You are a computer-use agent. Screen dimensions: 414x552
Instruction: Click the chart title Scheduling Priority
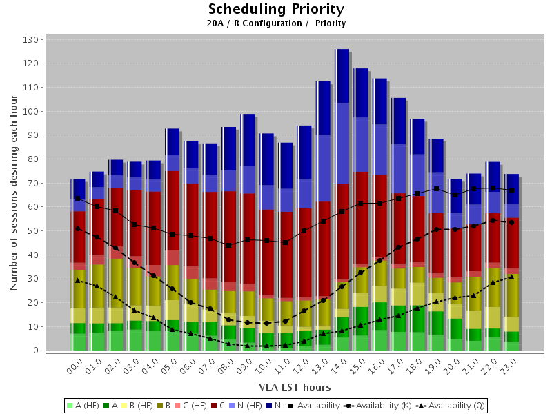[276, 10]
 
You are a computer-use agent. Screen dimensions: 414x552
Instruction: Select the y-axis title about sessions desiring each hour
[14, 193]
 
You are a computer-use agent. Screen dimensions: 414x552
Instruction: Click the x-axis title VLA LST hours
[295, 387]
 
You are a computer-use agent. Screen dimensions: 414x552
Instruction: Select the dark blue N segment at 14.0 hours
[342, 76]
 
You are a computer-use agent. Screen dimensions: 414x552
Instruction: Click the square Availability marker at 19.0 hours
[436, 188]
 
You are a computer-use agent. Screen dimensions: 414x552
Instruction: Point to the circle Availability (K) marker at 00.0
[78, 228]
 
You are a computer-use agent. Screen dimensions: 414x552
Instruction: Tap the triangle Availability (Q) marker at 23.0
[511, 277]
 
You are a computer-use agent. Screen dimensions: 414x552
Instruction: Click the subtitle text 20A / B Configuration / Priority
[276, 23]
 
